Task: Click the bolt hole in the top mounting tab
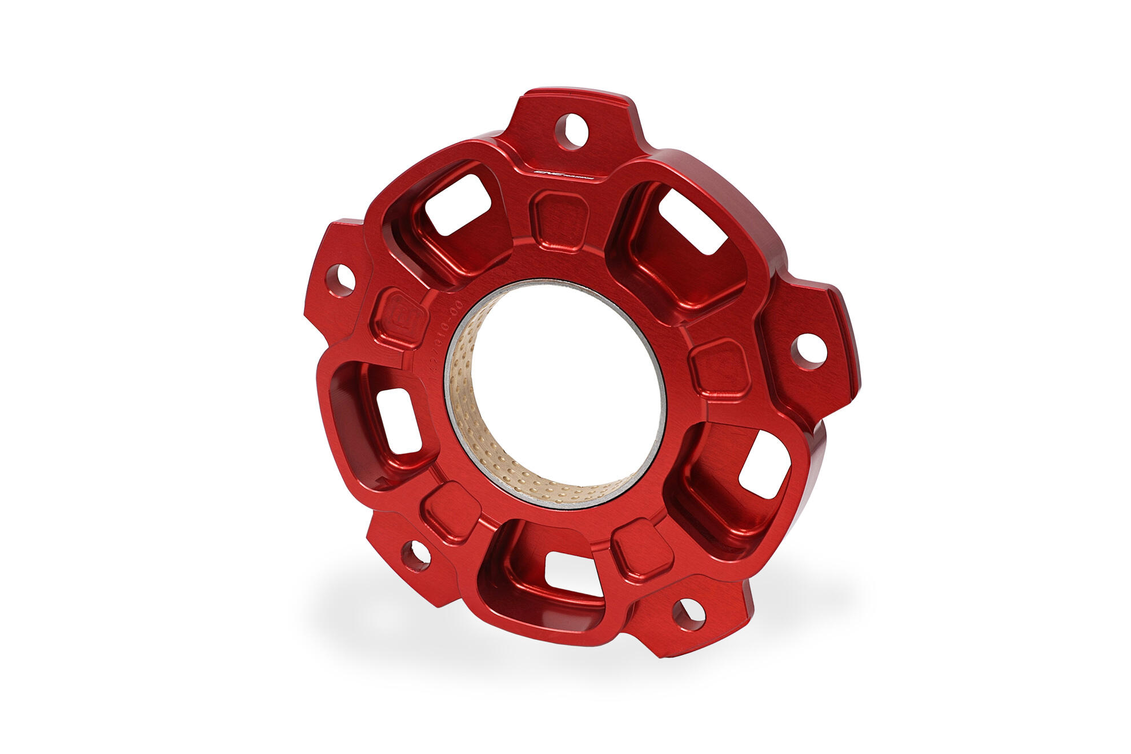coord(571,131)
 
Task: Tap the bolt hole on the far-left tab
coord(341,280)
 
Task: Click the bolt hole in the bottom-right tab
coord(689,614)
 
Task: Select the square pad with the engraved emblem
coord(400,317)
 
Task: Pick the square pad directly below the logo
coord(559,222)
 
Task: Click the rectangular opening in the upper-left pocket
coord(458,204)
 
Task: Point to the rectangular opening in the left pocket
coord(399,421)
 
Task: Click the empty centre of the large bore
coord(565,389)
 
